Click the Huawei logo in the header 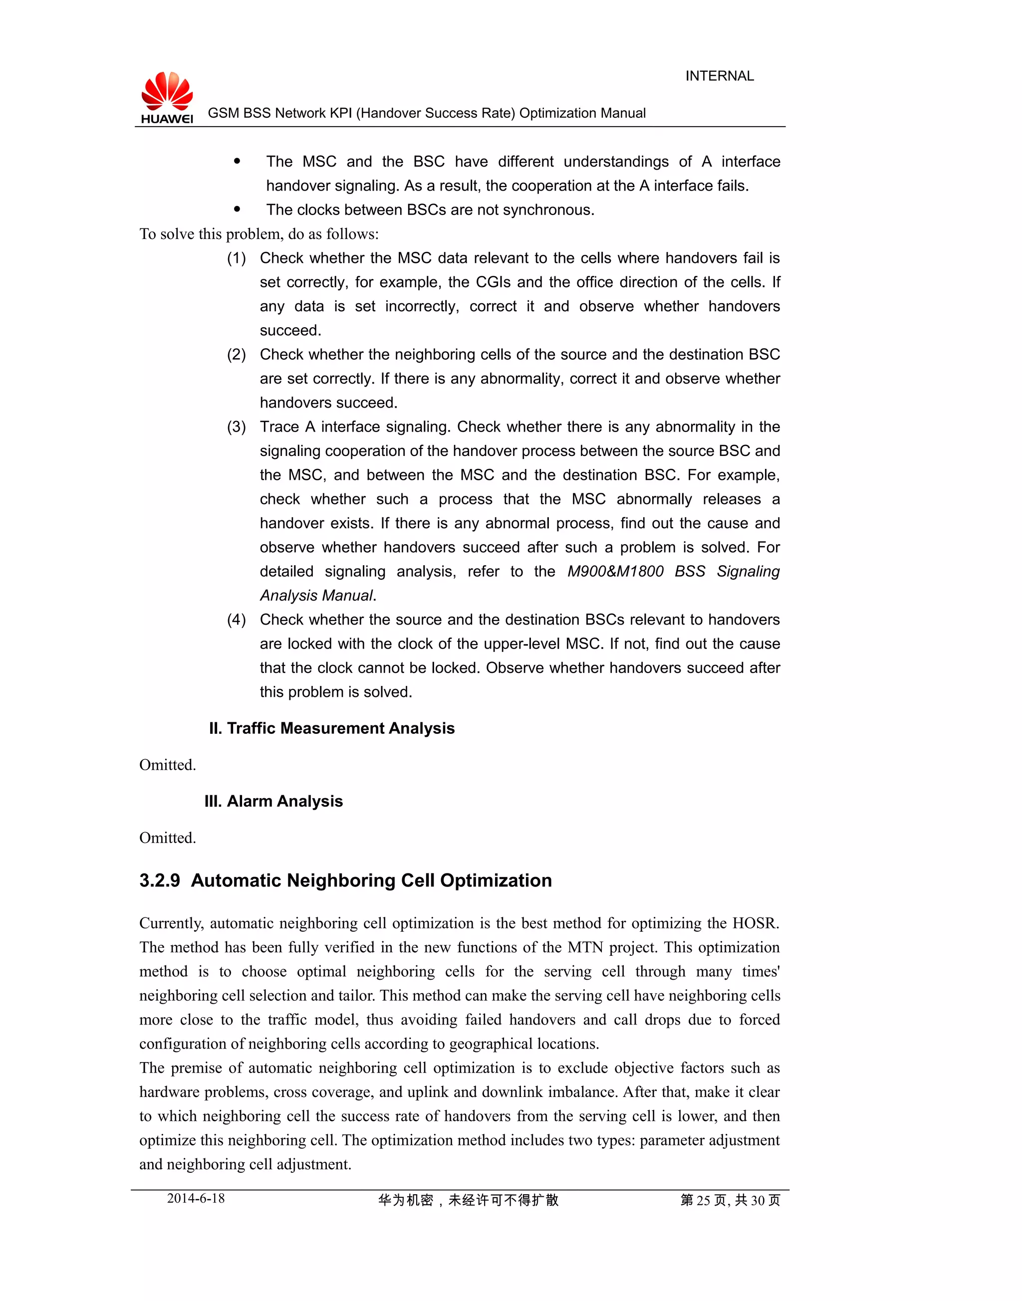coord(167,97)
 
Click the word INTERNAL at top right coord(719,76)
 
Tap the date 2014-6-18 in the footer coord(196,1198)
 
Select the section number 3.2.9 coord(159,880)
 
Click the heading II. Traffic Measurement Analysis coord(331,728)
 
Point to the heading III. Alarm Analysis coord(273,801)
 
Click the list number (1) coord(237,258)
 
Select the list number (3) coord(237,427)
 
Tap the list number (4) coord(237,619)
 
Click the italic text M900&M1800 coord(615,571)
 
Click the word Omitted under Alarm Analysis coord(168,838)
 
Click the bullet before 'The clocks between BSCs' coord(237,210)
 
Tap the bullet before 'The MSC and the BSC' coord(237,161)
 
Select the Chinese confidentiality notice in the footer coord(468,1200)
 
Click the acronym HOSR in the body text coord(755,923)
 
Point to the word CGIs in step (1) coord(493,282)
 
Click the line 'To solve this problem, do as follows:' coord(259,234)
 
